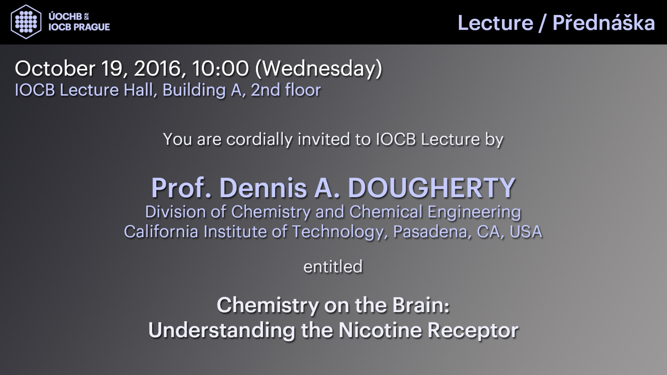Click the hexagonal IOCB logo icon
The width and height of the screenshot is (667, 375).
26,22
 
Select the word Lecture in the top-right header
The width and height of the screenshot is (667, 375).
495,23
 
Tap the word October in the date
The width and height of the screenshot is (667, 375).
55,68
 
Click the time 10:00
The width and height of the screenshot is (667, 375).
221,68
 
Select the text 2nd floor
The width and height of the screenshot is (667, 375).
286,90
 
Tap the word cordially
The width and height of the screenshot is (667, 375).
259,139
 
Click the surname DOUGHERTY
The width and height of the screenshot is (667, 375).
431,188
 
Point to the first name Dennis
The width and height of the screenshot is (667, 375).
263,188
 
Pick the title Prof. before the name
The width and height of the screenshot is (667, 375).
181,188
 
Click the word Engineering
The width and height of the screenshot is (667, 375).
474,212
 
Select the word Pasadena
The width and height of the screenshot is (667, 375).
432,232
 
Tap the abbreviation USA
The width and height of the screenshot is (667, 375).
526,232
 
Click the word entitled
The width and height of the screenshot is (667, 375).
333,266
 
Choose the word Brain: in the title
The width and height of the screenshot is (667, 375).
421,305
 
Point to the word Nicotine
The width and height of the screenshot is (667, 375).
380,330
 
